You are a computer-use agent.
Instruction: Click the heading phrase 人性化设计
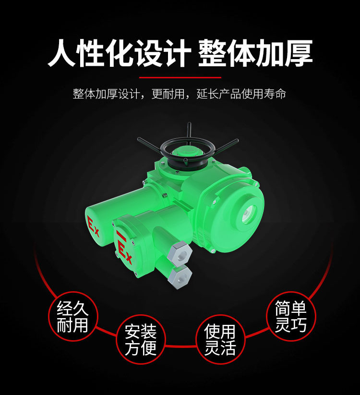coord(119,53)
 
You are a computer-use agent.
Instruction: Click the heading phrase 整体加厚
coord(255,53)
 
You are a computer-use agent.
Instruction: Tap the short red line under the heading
coord(180,77)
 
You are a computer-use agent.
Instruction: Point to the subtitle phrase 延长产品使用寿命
coord(241,94)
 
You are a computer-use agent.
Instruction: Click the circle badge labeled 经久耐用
coord(72,316)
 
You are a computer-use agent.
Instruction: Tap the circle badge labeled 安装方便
coord(141,339)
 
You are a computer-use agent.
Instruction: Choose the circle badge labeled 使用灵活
coord(220,339)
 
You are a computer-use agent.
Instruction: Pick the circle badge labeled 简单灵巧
coord(291,316)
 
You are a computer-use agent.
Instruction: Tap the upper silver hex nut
coord(180,254)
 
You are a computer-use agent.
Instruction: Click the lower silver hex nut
coord(180,277)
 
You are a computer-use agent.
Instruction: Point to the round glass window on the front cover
coord(249,214)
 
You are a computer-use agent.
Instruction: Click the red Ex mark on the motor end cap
coord(93,226)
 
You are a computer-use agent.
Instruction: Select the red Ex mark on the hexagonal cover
coord(124,249)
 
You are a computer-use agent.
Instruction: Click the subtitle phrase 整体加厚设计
coord(107,94)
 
